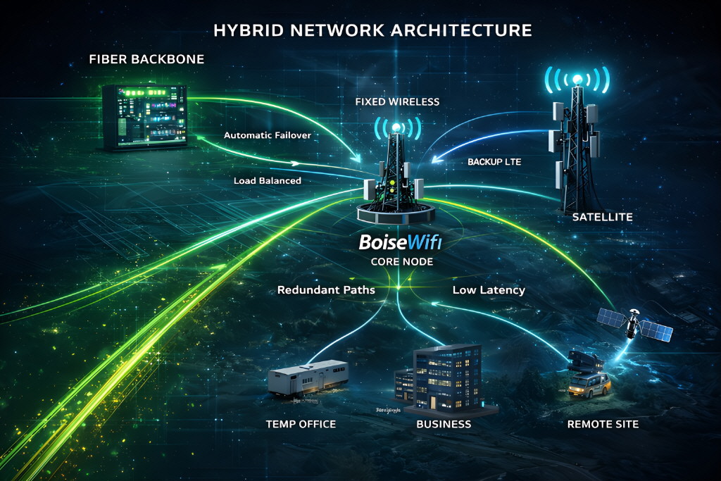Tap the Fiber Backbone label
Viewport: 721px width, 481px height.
[x=146, y=59]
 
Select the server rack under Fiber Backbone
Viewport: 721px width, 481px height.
[x=145, y=117]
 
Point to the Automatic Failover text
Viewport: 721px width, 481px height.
[x=267, y=135]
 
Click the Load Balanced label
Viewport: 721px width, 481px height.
[x=267, y=181]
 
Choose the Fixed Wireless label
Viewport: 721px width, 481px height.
[x=397, y=102]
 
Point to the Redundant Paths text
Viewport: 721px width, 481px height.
[x=326, y=290]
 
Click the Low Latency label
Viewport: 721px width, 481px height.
[x=489, y=290]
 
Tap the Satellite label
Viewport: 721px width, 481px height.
[x=602, y=218]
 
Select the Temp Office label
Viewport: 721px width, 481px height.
[x=301, y=424]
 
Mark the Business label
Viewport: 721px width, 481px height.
[x=444, y=424]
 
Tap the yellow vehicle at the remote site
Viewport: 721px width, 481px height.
[x=589, y=385]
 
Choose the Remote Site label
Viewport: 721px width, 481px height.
[x=603, y=424]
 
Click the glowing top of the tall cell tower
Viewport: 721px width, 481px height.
[x=577, y=79]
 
